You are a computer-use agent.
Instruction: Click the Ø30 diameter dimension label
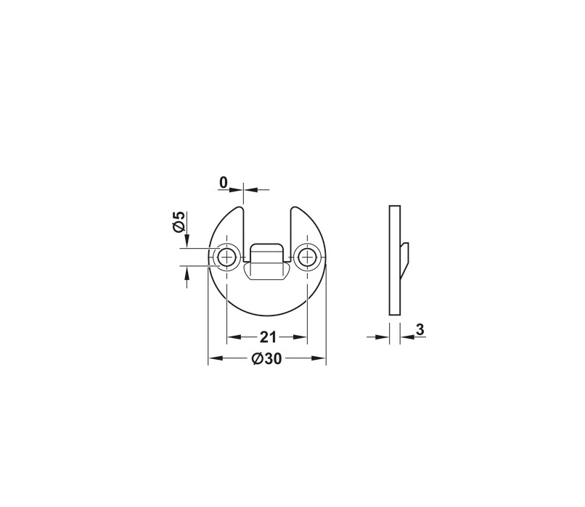[x=266, y=358]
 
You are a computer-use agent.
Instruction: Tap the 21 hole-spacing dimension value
[x=268, y=337]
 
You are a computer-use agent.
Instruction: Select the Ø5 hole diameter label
[x=179, y=222]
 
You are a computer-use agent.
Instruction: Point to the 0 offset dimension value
[x=223, y=183]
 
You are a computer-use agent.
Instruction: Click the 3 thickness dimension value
[x=420, y=330]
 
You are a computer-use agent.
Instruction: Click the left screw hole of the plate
[x=226, y=257]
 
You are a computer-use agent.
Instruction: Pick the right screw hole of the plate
[x=307, y=257]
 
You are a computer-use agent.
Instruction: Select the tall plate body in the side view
[x=395, y=260]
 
